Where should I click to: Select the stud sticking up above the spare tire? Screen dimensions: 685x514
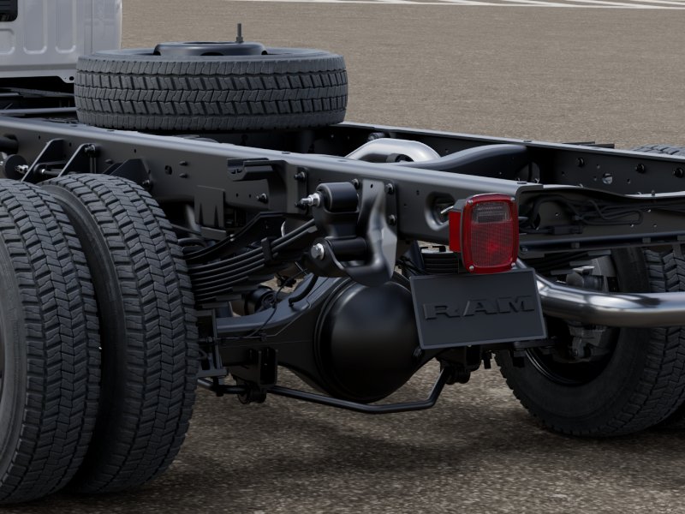[239, 33]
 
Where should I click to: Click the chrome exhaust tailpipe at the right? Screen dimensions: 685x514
[611, 302]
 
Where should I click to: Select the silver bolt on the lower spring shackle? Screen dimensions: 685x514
[318, 251]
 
